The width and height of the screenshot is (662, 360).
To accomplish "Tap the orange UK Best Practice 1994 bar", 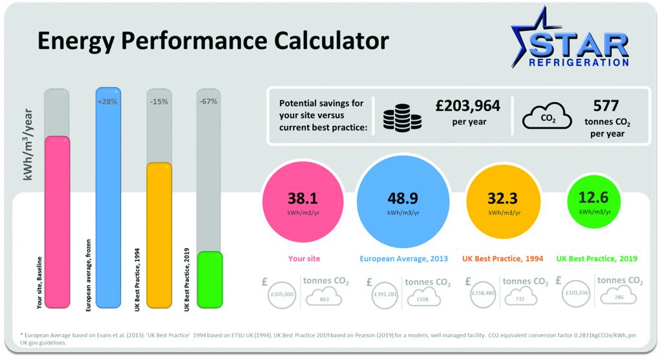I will pos(159,236).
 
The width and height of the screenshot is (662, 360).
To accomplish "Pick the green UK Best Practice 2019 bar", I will pos(209,279).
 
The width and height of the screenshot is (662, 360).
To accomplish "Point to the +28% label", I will pos(107,101).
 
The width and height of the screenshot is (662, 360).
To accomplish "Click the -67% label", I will pos(208,101).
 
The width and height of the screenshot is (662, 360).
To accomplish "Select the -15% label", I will pos(158,101).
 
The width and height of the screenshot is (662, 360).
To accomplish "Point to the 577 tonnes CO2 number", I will pos(606,106).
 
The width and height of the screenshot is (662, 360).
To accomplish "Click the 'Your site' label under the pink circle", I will pos(304,259).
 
